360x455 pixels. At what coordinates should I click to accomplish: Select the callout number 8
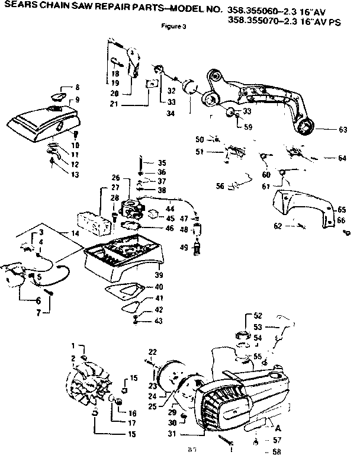[76, 88]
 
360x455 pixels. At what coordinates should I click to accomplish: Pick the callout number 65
[342, 210]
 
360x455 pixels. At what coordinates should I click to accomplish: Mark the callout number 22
[152, 352]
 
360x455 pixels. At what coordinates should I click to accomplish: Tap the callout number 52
[257, 315]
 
